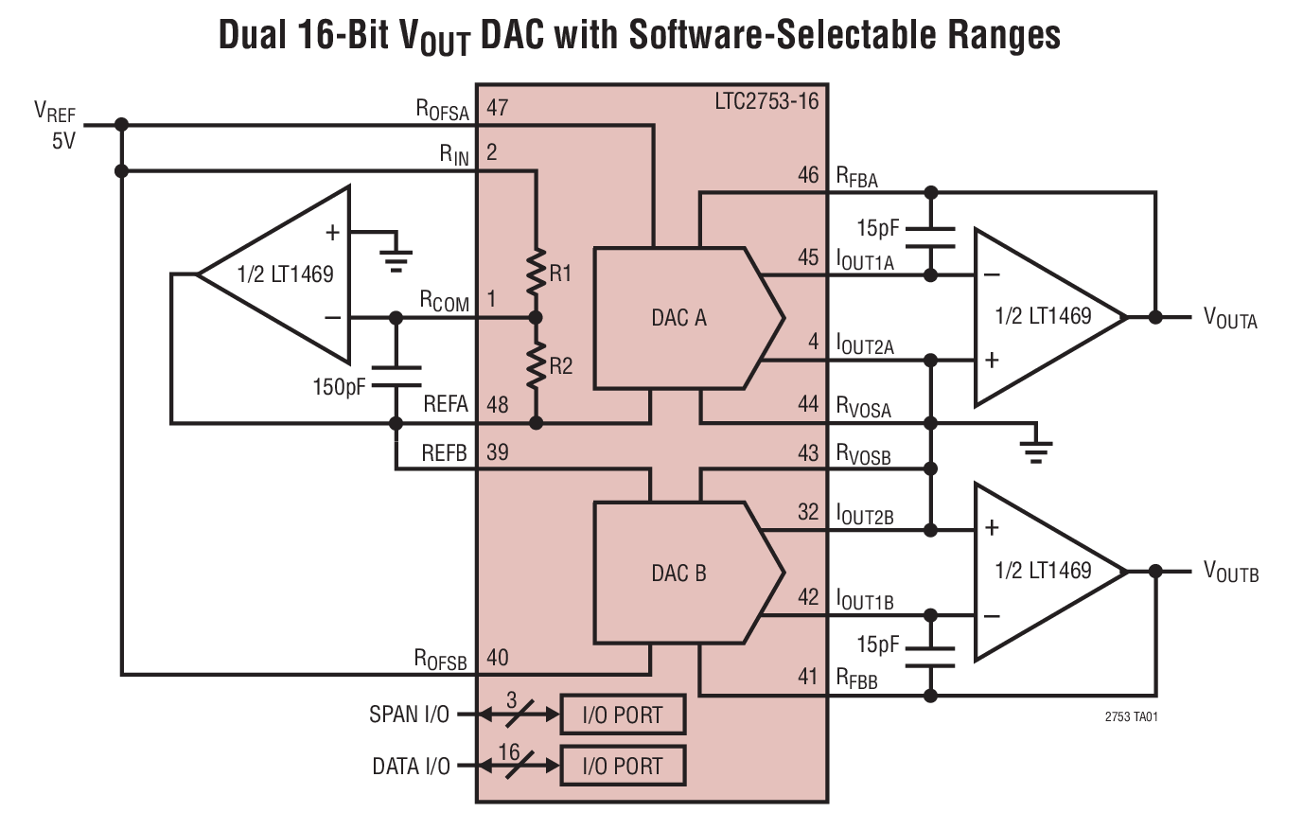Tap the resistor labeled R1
[537, 271]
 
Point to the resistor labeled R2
[537, 365]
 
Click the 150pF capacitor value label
[339, 386]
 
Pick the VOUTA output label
[1229, 318]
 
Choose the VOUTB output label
[1230, 572]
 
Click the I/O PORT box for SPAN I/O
[623, 715]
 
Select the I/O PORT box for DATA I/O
[623, 766]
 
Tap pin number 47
[498, 108]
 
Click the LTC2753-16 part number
[766, 100]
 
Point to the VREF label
[54, 112]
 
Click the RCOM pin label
[445, 302]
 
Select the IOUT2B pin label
[865, 516]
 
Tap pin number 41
[807, 677]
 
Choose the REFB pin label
[444, 453]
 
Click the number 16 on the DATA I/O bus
[509, 751]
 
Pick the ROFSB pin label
[440, 660]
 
